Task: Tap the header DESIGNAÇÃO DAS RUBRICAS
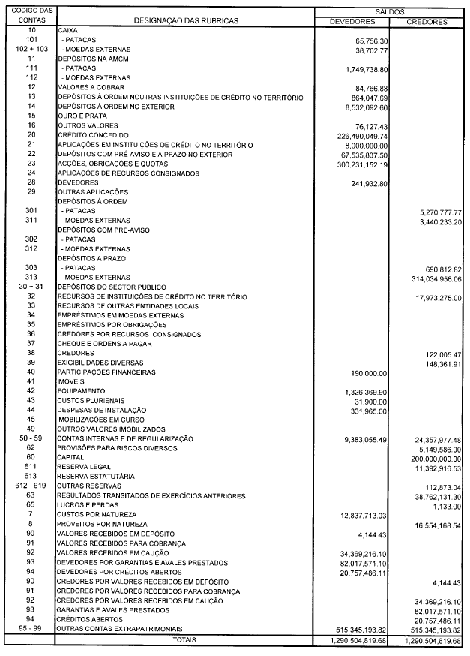click(186, 21)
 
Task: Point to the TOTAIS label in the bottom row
click(186, 641)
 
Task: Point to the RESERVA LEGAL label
click(85, 466)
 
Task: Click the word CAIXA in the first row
click(68, 31)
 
